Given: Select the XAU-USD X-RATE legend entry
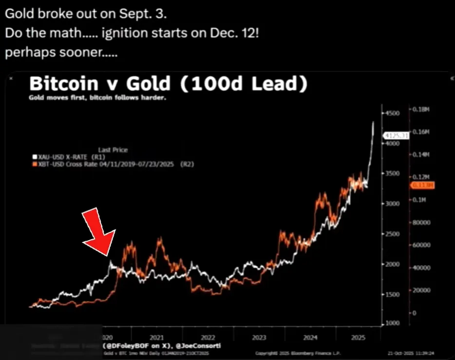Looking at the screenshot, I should tap(64, 157).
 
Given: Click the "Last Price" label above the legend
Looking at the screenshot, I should tap(113, 150).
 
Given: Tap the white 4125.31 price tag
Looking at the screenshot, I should tap(397, 135).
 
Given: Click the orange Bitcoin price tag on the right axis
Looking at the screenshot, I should tap(419, 185).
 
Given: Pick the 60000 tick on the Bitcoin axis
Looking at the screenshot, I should tap(422, 245).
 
